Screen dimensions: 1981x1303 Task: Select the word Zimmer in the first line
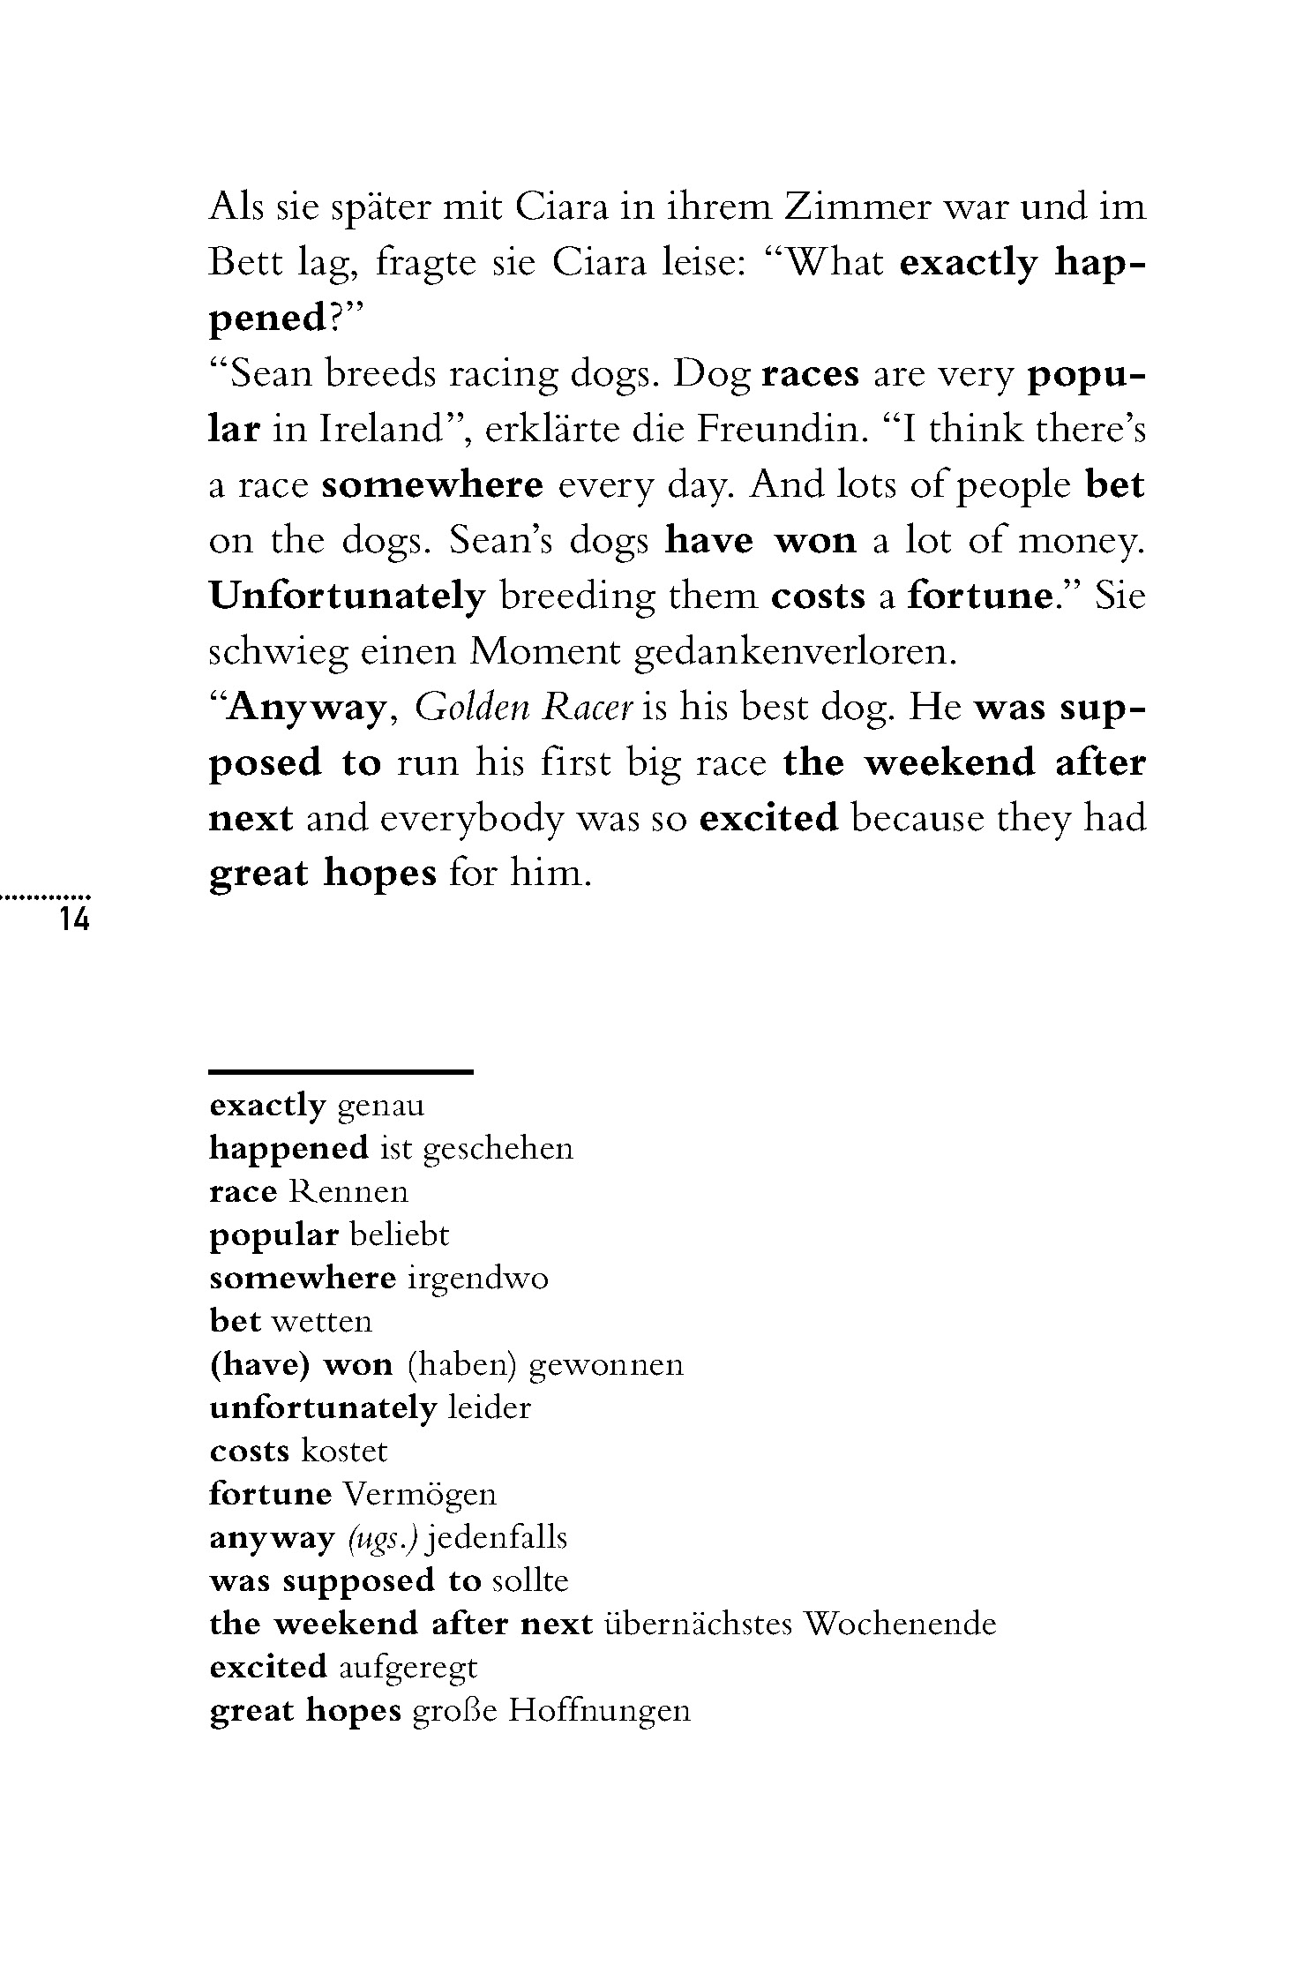click(x=857, y=207)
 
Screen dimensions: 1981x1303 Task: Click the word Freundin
click(x=777, y=430)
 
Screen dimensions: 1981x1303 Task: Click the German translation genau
click(x=381, y=1106)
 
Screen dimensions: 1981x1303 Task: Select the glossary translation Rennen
click(x=348, y=1192)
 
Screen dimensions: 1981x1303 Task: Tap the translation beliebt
click(x=399, y=1235)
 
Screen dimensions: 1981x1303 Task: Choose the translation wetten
click(x=322, y=1322)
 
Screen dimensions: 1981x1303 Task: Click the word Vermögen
click(x=419, y=1495)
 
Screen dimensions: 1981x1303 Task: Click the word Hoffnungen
click(x=600, y=1711)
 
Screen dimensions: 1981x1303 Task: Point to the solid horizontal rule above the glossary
click(x=341, y=1072)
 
